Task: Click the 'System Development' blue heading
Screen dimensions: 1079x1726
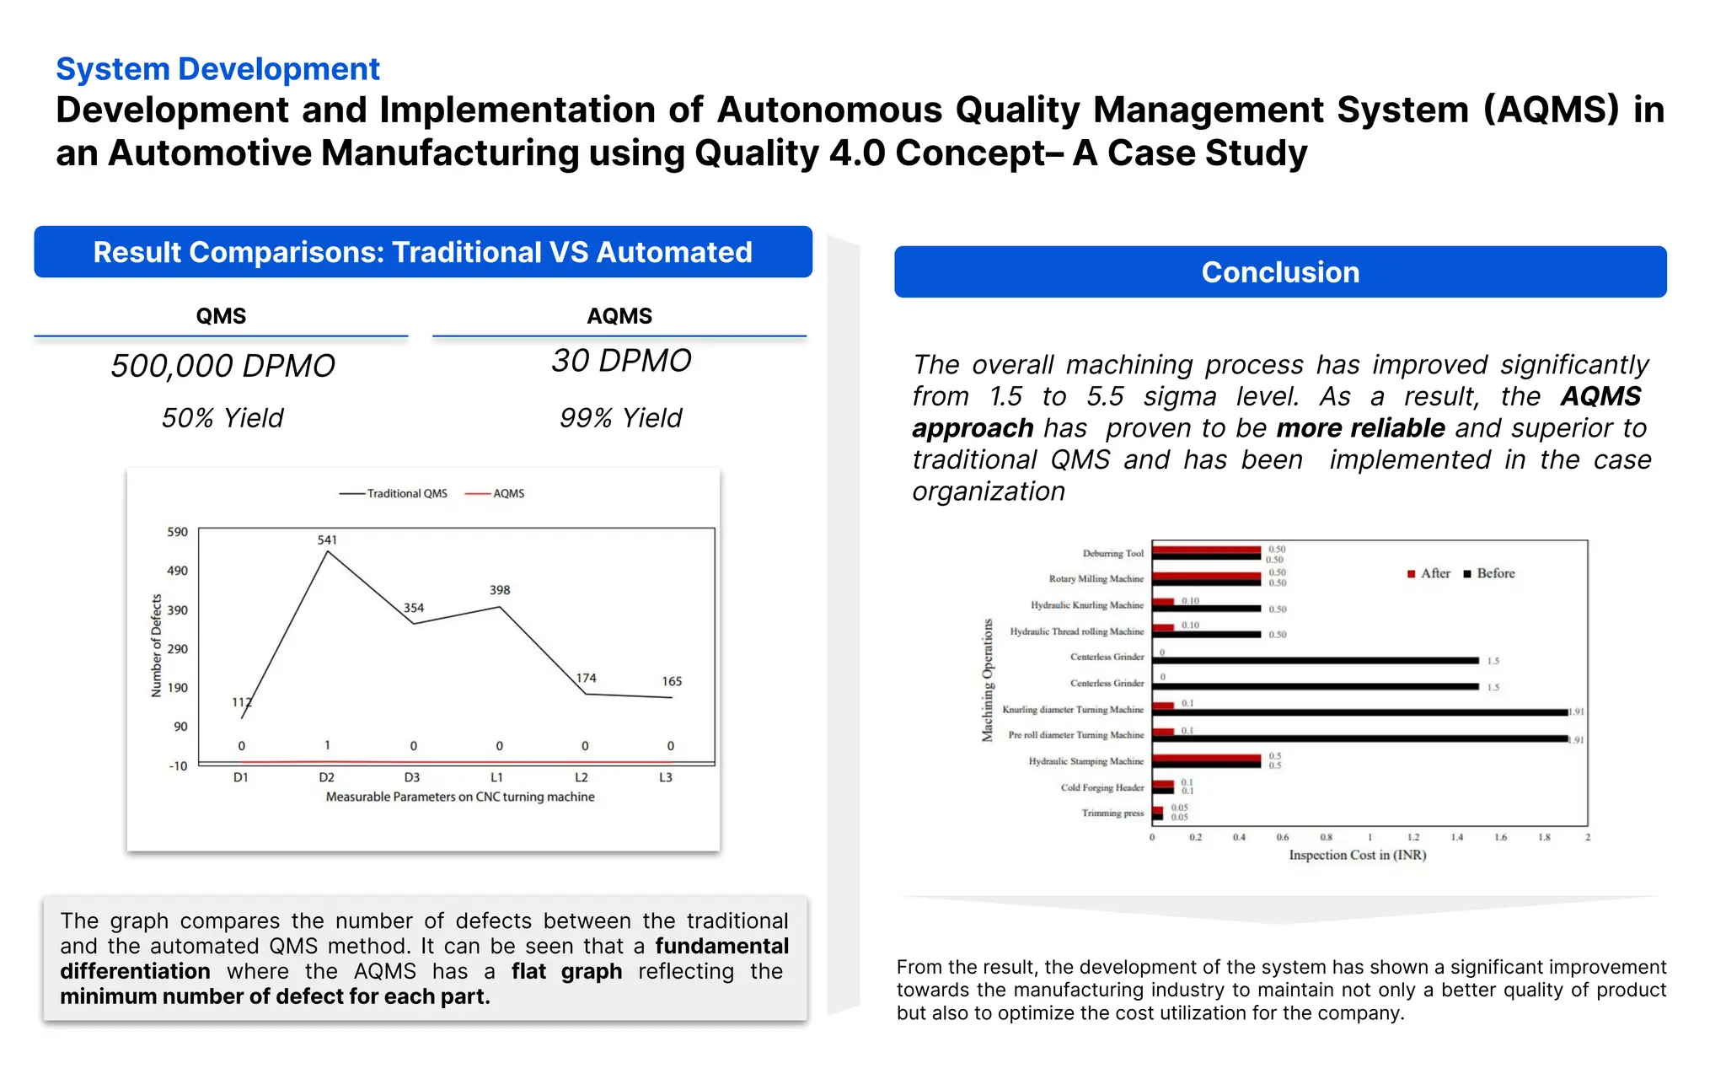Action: (x=217, y=69)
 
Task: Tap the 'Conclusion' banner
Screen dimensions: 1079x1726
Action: (x=1279, y=272)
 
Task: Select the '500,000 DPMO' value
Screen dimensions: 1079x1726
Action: (x=222, y=366)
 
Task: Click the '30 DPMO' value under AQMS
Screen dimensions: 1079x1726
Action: (x=621, y=361)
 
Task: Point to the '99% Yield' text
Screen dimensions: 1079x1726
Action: (x=620, y=418)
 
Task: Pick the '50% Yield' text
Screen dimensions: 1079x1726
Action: (x=222, y=418)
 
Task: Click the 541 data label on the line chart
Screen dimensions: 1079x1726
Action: (x=327, y=539)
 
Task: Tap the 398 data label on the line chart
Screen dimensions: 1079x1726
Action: (x=500, y=590)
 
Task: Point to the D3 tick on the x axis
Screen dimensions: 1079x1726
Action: (x=412, y=777)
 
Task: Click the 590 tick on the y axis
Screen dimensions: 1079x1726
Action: (x=177, y=532)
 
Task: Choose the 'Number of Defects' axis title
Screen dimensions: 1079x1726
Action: (x=156, y=646)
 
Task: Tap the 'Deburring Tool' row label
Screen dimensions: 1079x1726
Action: (x=1112, y=553)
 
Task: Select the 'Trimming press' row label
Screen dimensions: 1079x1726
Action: (x=1112, y=813)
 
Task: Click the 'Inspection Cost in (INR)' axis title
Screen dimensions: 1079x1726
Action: (x=1357, y=855)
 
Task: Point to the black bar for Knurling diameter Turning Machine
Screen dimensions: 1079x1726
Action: (x=1359, y=713)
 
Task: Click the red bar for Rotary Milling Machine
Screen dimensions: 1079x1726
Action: (x=1206, y=576)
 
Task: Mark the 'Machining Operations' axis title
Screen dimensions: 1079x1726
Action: (x=987, y=680)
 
